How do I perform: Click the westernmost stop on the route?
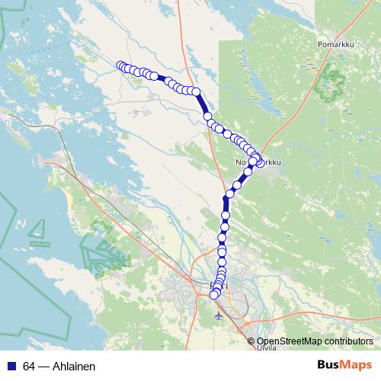120,66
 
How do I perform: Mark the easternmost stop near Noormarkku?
260,162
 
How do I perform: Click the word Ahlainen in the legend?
73,367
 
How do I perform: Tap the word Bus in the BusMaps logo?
329,366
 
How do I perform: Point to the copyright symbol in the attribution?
251,341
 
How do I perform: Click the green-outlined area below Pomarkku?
331,76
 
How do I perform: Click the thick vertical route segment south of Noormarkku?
226,210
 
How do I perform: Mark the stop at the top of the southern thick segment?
226,200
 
